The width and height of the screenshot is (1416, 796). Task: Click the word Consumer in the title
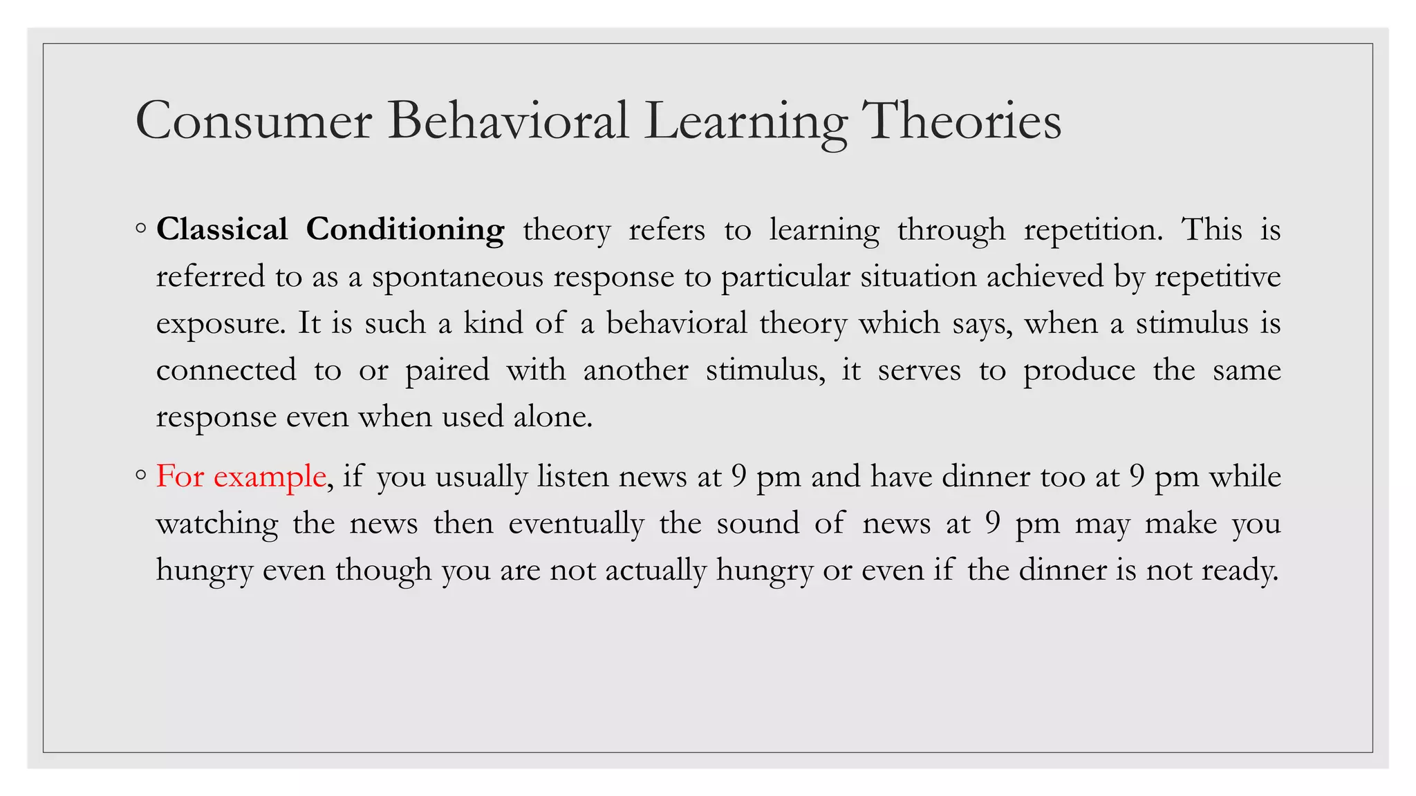[x=254, y=121]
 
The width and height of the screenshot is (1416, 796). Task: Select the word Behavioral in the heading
[x=507, y=121]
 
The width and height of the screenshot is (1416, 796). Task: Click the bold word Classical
[x=222, y=229]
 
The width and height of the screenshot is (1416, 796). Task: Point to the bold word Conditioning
[x=405, y=229]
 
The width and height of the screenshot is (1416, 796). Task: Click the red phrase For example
[x=241, y=476]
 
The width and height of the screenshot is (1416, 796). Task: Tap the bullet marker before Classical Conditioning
[x=141, y=229]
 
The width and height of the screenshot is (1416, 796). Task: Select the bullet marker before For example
[x=141, y=475]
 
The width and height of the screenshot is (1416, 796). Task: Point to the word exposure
[x=220, y=323]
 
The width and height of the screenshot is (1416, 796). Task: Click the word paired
[x=447, y=370]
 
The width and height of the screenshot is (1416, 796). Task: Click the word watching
[x=217, y=523]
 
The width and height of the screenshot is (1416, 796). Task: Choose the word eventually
[x=576, y=523]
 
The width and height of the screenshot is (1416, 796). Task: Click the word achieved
[x=1045, y=276]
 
